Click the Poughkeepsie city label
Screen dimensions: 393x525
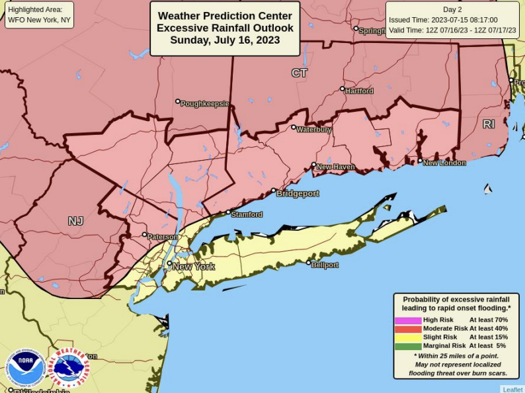click(x=205, y=104)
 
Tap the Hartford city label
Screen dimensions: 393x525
click(x=359, y=91)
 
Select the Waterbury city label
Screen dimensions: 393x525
click(x=313, y=130)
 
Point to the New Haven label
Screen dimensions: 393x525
click(x=335, y=167)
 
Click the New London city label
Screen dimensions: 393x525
click(x=444, y=163)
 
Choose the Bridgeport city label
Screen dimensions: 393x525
click(x=297, y=194)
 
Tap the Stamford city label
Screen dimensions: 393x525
click(x=246, y=214)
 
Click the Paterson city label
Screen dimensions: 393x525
click(x=162, y=237)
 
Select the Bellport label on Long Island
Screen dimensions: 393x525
click(x=325, y=265)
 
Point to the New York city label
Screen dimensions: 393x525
click(x=193, y=267)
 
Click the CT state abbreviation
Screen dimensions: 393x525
click(x=300, y=73)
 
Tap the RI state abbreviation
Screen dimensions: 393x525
click(x=488, y=124)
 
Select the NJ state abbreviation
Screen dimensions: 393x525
click(x=75, y=221)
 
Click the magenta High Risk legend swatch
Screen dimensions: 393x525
click(x=408, y=320)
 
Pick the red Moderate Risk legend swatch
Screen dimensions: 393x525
click(x=408, y=329)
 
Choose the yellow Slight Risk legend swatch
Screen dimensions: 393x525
click(x=408, y=337)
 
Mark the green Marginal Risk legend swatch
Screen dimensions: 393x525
click(x=408, y=346)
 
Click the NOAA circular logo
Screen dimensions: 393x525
click(x=26, y=368)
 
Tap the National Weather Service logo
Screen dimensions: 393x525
click(x=69, y=368)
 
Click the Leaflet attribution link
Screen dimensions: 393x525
click(x=512, y=389)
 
